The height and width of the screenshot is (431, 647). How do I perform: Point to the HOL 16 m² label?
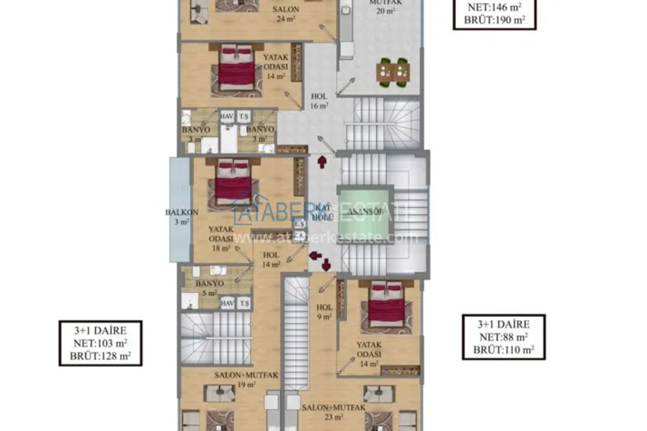(320, 101)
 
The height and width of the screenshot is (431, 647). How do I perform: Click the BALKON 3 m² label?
(180, 217)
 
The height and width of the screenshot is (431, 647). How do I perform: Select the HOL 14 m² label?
(270, 260)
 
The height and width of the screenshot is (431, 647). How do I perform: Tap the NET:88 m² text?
(504, 337)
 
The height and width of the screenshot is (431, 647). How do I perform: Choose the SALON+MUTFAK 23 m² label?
(321, 412)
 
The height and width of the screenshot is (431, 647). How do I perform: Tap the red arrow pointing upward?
(322, 161)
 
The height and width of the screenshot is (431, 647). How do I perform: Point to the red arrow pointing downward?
(325, 265)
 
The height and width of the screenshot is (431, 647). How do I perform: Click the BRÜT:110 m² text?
(504, 350)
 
